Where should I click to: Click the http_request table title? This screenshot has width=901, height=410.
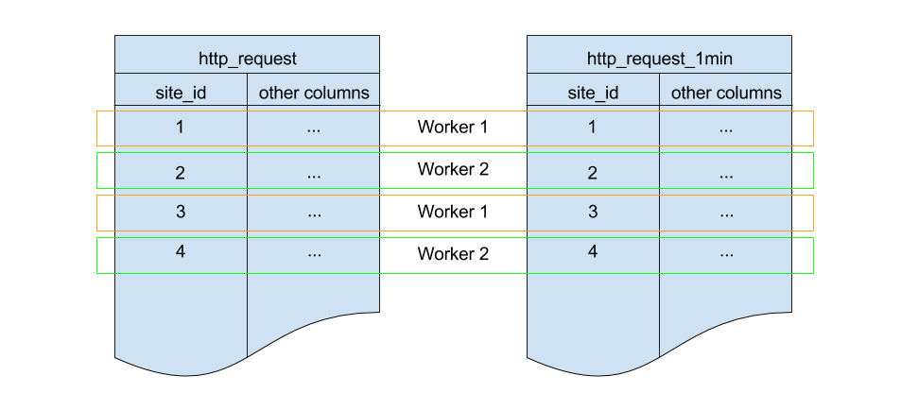pyautogui.click(x=247, y=59)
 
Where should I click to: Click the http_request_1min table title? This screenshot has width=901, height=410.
pyautogui.click(x=659, y=59)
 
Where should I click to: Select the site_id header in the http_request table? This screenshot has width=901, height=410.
pyautogui.click(x=181, y=93)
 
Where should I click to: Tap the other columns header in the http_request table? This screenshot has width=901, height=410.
pyautogui.click(x=314, y=93)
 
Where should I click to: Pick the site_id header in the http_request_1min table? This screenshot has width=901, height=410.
pyautogui.click(x=593, y=93)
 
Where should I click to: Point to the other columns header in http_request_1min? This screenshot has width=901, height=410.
pyautogui.click(x=726, y=93)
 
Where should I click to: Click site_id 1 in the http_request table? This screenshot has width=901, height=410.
pyautogui.click(x=181, y=128)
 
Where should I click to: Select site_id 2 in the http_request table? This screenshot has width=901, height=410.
pyautogui.click(x=181, y=172)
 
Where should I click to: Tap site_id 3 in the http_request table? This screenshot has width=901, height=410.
pyautogui.click(x=181, y=213)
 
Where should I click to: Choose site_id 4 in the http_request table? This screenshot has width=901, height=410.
pyautogui.click(x=181, y=252)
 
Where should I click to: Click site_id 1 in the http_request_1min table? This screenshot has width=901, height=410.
pyautogui.click(x=593, y=128)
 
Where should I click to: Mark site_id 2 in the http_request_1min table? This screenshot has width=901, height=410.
pyautogui.click(x=593, y=172)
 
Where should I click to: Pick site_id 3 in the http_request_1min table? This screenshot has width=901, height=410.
pyautogui.click(x=593, y=213)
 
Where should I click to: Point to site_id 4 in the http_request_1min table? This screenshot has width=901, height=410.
pyautogui.click(x=593, y=252)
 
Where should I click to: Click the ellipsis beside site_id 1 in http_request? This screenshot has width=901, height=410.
pyautogui.click(x=314, y=130)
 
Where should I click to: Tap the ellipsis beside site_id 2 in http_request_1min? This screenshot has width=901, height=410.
pyautogui.click(x=726, y=175)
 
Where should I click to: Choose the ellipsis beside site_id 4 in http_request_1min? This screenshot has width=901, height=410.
pyautogui.click(x=726, y=255)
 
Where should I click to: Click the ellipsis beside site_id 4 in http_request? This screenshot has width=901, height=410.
pyautogui.click(x=314, y=255)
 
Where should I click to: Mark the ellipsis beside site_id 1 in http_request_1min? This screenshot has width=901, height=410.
pyautogui.click(x=726, y=130)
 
